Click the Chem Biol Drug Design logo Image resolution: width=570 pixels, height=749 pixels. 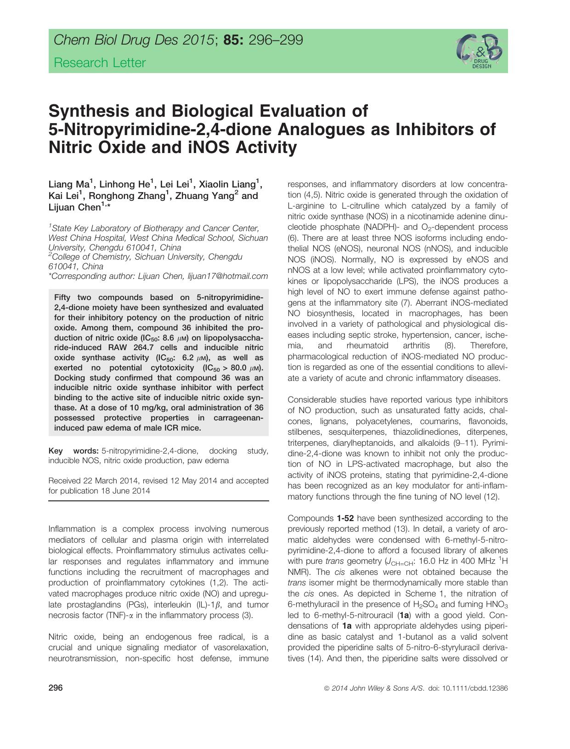pyautogui.click(x=479, y=51)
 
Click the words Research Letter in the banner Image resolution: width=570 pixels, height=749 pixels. pyautogui.click(x=100, y=63)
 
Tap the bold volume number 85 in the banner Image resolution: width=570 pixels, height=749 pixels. pyautogui.click(x=233, y=40)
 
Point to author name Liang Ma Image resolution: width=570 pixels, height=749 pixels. pyautogui.click(x=69, y=185)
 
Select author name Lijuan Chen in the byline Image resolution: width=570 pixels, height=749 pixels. pyautogui.click(x=75, y=208)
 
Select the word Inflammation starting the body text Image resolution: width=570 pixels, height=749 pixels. pyautogui.click(x=72, y=529)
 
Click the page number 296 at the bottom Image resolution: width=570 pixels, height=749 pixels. pyautogui.click(x=55, y=688)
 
